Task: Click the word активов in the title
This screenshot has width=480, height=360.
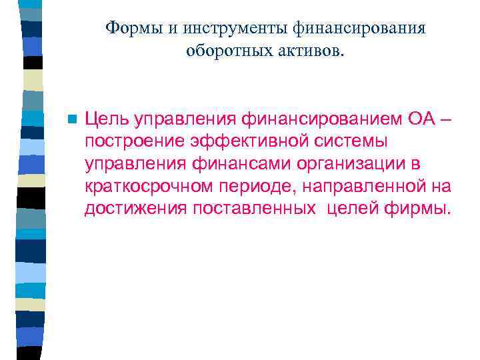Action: click(307, 51)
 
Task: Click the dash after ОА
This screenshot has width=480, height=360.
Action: click(428, 119)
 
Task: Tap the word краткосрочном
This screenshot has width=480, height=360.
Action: click(147, 187)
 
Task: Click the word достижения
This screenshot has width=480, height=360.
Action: click(136, 209)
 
